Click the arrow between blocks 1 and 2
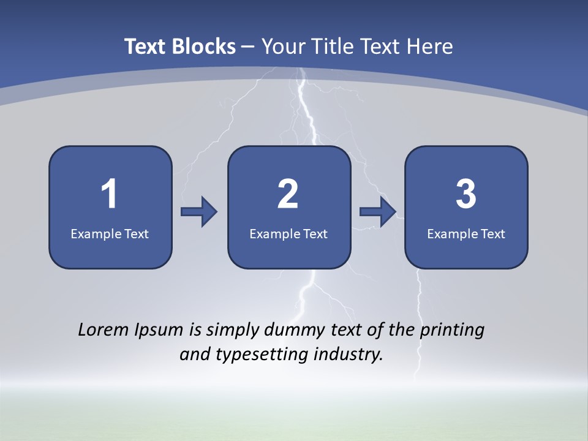click(199, 212)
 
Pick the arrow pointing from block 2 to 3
click(378, 212)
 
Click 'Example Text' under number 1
click(110, 233)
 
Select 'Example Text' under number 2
click(288, 233)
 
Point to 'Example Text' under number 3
click(466, 233)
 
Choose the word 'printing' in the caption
click(452, 331)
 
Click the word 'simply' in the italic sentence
click(231, 331)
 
